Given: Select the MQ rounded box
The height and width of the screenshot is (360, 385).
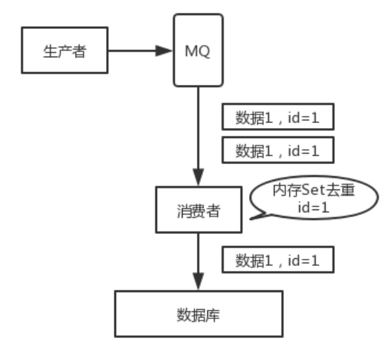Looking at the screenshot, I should pyautogui.click(x=199, y=52).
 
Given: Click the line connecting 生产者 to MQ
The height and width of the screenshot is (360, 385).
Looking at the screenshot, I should pyautogui.click(x=134, y=51).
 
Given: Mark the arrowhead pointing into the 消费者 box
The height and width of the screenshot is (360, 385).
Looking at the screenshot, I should pyautogui.click(x=199, y=180).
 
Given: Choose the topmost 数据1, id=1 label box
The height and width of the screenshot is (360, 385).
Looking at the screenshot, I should pyautogui.click(x=277, y=118).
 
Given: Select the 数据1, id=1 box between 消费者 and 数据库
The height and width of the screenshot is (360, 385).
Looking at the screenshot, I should pyautogui.click(x=277, y=260).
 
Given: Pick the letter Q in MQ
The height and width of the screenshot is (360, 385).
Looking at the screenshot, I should pyautogui.click(x=205, y=52).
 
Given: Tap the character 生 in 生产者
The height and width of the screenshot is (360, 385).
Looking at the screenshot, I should pyautogui.click(x=52, y=51).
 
